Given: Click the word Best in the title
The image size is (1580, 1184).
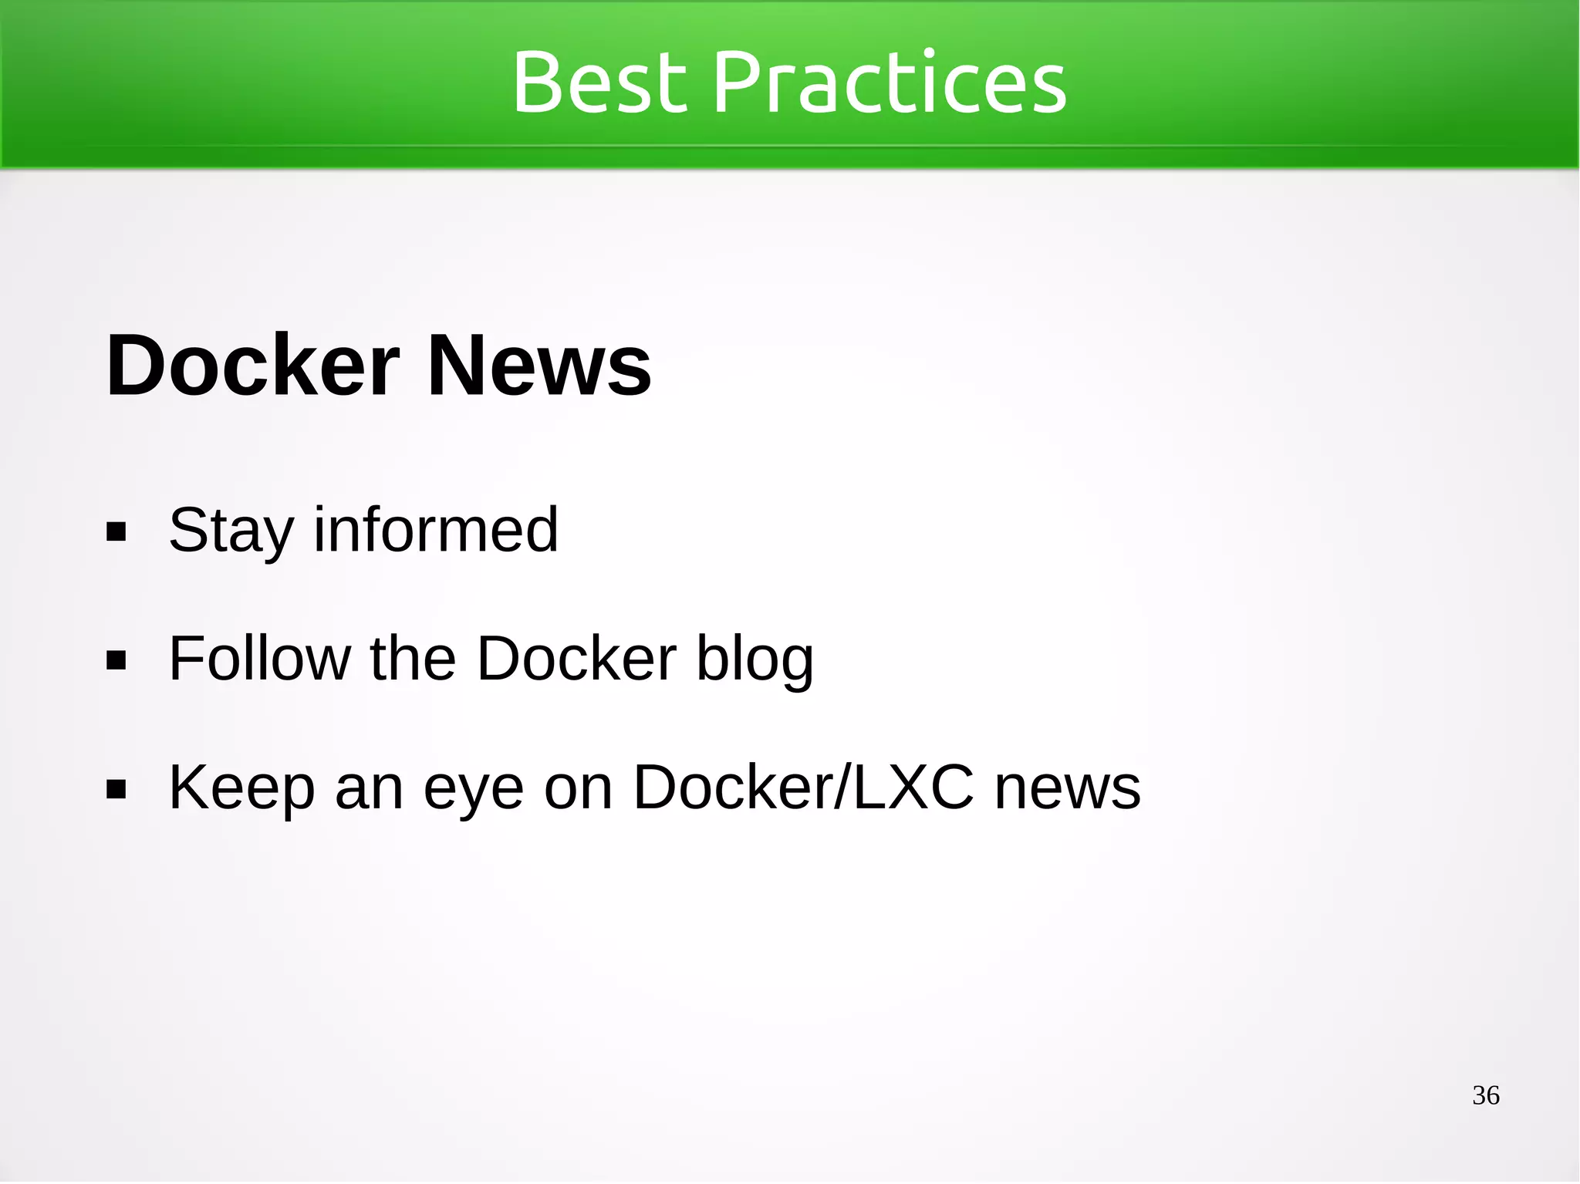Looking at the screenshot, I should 599,82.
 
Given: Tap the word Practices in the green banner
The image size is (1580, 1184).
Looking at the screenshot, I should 890,82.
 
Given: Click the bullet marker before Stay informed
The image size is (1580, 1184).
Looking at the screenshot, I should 116,532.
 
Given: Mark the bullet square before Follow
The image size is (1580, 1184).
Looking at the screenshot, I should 116,660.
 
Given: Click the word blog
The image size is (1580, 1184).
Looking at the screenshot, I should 755,660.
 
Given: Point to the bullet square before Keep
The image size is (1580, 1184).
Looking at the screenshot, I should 116,789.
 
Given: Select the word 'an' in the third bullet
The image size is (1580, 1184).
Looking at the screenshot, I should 369,789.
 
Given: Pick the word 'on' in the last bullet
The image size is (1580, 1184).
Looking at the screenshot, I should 578,789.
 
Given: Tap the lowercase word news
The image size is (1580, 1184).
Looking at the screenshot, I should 1067,789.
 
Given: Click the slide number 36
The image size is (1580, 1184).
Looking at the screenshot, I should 1485,1095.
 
